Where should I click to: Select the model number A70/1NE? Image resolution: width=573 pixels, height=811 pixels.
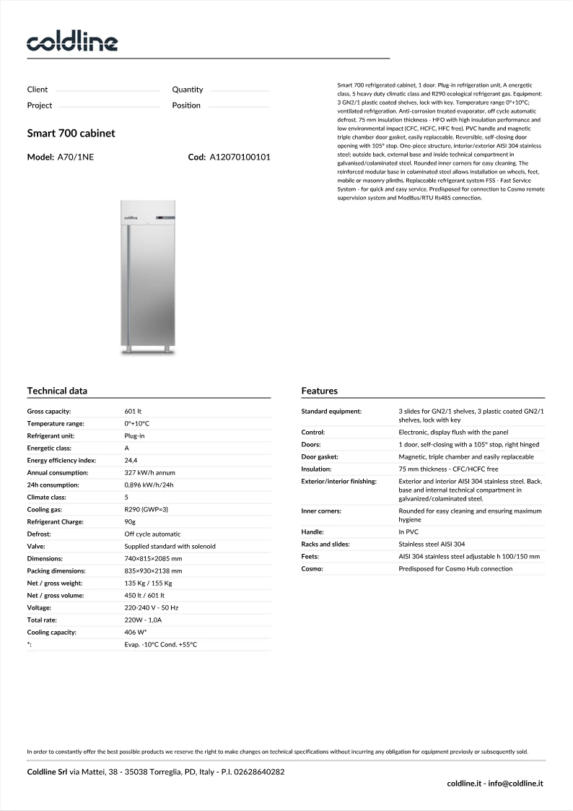(75, 157)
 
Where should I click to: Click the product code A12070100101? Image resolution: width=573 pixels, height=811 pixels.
(240, 157)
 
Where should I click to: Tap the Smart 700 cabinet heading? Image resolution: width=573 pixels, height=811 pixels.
(71, 134)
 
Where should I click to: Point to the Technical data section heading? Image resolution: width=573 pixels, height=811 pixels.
(57, 391)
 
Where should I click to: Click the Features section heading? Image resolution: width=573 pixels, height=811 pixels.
(319, 391)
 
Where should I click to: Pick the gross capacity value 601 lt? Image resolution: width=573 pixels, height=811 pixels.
(133, 411)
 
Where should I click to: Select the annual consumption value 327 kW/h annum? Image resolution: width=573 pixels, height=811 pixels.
(149, 472)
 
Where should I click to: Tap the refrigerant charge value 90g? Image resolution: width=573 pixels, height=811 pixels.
(131, 521)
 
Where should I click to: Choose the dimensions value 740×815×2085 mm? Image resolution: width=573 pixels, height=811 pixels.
(153, 558)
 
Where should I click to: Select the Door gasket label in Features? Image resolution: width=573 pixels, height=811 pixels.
(320, 456)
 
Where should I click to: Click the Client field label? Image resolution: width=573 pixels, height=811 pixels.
(38, 90)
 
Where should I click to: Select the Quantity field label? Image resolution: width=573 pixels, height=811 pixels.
(188, 90)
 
